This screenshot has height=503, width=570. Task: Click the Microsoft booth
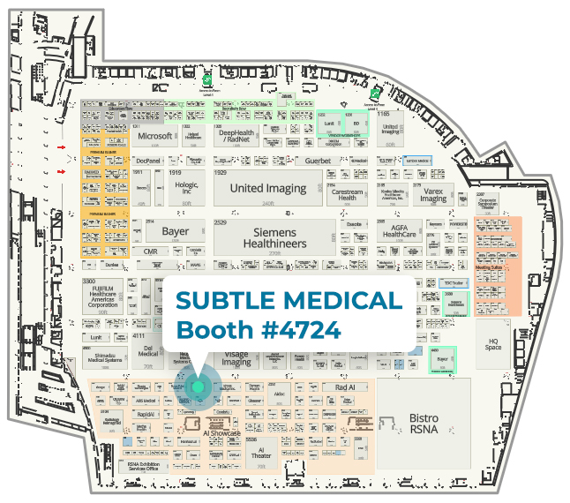154,137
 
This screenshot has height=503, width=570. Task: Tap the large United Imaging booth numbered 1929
267,189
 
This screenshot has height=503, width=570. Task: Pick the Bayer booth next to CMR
175,232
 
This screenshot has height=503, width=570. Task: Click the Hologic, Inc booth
185,187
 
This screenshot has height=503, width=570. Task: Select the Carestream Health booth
348,194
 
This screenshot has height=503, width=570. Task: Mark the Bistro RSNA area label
424,423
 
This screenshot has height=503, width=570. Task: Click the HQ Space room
493,342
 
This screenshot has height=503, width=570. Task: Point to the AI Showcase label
221,433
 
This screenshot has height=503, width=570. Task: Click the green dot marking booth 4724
198,387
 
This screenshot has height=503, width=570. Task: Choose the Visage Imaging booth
236,358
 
